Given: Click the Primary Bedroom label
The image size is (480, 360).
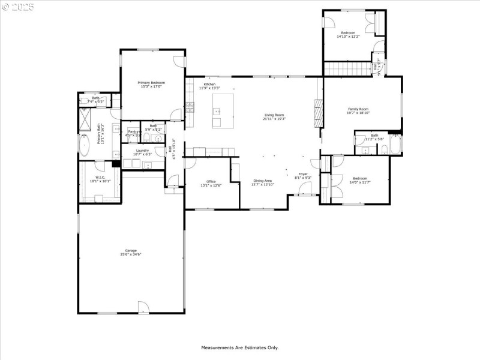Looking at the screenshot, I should (151, 83).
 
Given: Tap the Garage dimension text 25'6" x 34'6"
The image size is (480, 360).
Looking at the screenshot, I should (131, 254).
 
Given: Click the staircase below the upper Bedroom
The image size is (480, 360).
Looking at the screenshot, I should (347, 68).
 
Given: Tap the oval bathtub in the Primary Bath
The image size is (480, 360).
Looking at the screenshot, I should (83, 145).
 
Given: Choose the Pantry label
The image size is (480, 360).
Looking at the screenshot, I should (133, 131).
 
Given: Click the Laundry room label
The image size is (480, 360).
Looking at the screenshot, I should (142, 151).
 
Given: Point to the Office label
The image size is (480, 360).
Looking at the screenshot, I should (211, 182).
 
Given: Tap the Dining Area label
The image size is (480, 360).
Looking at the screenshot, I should (262, 181).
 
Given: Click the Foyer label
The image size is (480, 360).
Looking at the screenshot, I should (304, 174).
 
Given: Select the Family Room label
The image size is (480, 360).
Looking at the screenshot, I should (358, 109).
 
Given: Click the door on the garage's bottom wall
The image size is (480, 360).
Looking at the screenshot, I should (143, 307).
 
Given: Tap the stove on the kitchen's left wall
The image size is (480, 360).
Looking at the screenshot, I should (190, 108).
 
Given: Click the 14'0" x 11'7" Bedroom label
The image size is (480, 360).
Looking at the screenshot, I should (359, 178).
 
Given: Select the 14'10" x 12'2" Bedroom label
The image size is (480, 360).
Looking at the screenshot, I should (348, 33).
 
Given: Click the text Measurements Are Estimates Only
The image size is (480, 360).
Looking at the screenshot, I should (239, 347).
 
